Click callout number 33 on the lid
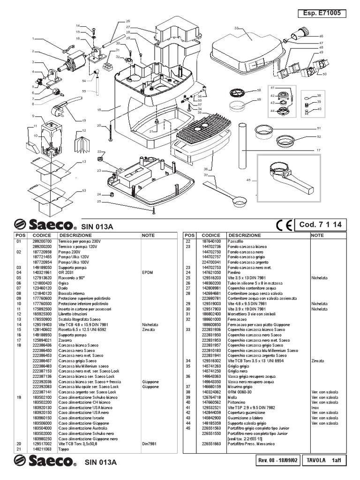coord(236,29)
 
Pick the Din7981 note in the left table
coord(149,443)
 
